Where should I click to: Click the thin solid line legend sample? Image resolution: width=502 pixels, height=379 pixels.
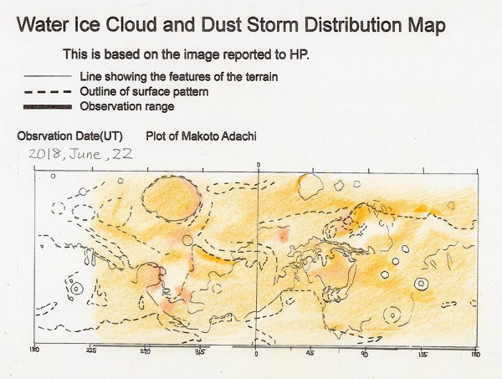pyautogui.click(x=48, y=76)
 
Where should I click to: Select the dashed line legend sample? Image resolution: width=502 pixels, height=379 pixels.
pyautogui.click(x=48, y=92)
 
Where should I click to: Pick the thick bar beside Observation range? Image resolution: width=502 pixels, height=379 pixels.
pyautogui.click(x=48, y=107)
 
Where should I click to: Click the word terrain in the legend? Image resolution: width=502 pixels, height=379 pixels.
pyautogui.click(x=262, y=77)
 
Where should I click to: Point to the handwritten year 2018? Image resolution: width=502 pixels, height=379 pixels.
pyautogui.click(x=44, y=154)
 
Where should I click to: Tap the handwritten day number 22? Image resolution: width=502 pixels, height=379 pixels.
pyautogui.click(x=122, y=154)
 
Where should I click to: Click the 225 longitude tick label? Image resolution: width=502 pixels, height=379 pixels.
pyautogui.click(x=91, y=350)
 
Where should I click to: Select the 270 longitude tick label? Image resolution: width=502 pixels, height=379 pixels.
pyautogui.click(x=146, y=351)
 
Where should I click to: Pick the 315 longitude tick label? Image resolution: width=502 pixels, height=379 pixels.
pyautogui.click(x=200, y=351)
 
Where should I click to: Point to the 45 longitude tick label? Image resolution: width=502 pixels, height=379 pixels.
pyautogui.click(x=310, y=353)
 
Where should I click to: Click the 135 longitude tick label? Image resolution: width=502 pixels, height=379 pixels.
pyautogui.click(x=423, y=355)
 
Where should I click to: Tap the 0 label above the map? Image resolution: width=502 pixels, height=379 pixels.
pyautogui.click(x=259, y=165)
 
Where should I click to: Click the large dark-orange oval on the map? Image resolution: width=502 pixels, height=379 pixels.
pyautogui.click(x=172, y=198)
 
